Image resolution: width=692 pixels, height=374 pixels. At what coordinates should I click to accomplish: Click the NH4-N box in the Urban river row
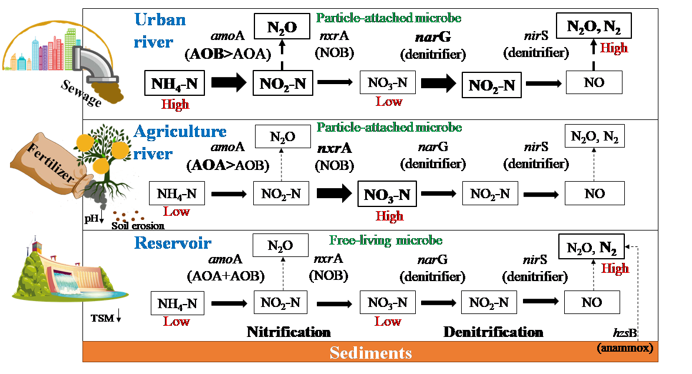175,83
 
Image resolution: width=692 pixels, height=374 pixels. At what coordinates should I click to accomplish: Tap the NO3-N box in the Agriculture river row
386,194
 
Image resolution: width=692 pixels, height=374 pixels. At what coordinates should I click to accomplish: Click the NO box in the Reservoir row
592,302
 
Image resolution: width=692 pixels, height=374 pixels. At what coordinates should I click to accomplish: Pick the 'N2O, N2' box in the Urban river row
594,26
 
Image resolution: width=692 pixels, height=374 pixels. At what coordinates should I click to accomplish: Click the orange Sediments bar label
370,353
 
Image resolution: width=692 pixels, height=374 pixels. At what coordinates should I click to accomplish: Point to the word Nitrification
289,332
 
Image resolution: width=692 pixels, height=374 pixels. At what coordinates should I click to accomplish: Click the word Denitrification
493,332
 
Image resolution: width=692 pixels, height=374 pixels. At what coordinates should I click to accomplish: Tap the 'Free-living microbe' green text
386,240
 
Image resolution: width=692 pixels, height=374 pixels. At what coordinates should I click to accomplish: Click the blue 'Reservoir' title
173,243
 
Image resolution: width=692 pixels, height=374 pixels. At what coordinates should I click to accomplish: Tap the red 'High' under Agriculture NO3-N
389,216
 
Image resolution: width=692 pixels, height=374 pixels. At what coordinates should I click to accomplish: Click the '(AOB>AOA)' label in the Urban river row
227,54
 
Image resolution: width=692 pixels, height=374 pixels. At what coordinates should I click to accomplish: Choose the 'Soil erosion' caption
138,225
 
